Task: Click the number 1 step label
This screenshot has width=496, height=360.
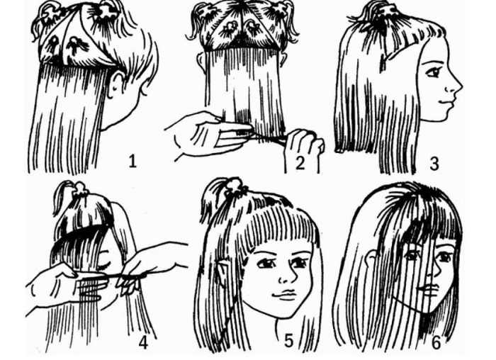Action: tap(133, 162)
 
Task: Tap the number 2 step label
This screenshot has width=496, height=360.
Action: tap(300, 163)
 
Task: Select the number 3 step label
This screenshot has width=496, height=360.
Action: tap(434, 164)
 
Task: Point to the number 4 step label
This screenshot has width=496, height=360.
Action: tap(143, 342)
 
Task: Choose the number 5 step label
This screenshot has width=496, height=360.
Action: tap(289, 341)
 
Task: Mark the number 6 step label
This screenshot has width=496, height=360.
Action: tap(436, 342)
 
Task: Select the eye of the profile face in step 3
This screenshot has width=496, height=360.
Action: tap(434, 72)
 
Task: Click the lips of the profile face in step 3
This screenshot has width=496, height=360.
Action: tap(446, 102)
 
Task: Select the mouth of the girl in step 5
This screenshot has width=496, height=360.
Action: tap(284, 295)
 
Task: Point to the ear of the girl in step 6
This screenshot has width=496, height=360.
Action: tap(371, 259)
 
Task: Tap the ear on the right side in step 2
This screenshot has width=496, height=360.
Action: tap(283, 58)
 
